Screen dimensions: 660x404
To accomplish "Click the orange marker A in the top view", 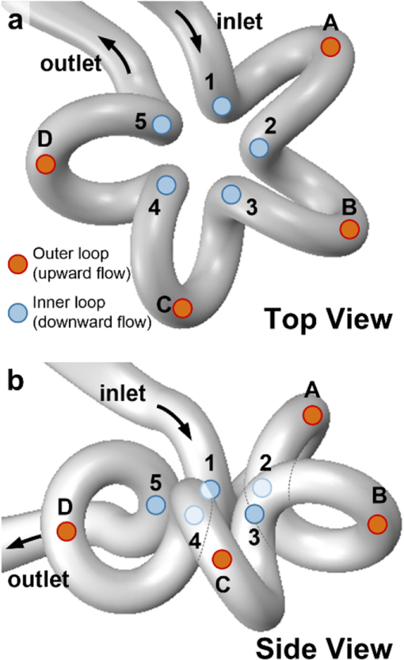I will [330, 47].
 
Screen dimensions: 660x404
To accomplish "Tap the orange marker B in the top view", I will [349, 229].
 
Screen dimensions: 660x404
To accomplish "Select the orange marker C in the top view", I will [182, 307].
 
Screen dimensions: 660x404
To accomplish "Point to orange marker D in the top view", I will [46, 164].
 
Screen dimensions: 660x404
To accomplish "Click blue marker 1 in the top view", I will [223, 105].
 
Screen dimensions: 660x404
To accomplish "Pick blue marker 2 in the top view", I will [259, 147].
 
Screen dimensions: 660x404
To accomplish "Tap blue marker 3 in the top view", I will [231, 193].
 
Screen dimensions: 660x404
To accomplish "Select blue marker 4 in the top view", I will [166, 185].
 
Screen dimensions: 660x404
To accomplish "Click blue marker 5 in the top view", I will [162, 124].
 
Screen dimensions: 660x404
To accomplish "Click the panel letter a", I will [14, 21].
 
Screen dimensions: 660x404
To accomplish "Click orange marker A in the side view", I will [312, 414].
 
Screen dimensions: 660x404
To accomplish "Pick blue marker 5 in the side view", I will [155, 504].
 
